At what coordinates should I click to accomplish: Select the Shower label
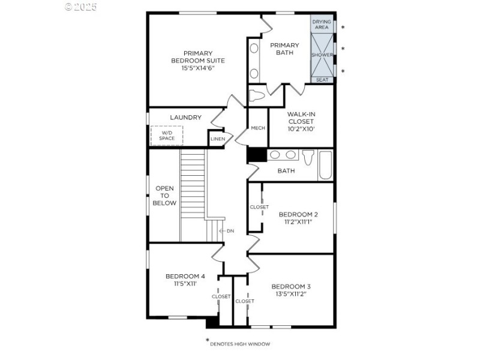pos(322,55)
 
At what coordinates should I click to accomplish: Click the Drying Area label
pos(322,24)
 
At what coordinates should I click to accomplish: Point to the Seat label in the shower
pos(322,80)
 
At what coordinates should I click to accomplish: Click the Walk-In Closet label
pos(301,121)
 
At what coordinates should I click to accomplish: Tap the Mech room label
pos(258,128)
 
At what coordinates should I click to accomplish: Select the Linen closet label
pos(217,139)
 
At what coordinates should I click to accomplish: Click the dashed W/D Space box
pos(167,135)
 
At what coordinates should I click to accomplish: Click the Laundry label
pos(185,118)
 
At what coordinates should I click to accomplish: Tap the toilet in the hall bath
pos(308,157)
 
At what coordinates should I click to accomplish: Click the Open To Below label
pos(165,196)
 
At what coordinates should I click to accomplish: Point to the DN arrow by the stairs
pos(227,230)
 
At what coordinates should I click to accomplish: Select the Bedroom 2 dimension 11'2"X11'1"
pos(298,222)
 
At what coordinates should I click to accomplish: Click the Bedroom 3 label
pos(291,286)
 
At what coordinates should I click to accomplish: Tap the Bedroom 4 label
pos(185,277)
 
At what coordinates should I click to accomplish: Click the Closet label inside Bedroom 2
pos(259,207)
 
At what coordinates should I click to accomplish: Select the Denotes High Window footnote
pos(239,344)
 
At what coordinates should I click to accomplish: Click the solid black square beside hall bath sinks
pos(256,155)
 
